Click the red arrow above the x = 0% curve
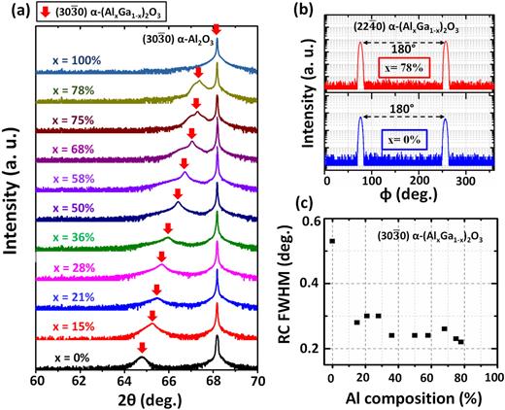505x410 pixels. [x=142, y=347]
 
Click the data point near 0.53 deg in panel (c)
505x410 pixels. [x=332, y=241]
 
